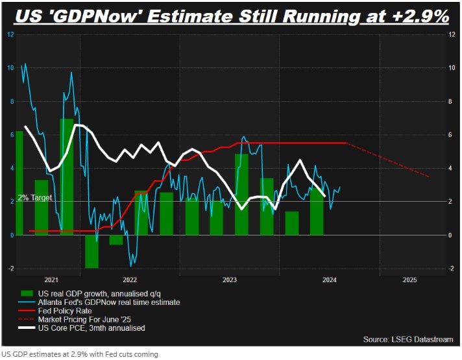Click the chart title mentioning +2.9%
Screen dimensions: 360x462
(x=230, y=14)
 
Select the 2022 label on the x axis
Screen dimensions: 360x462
(x=130, y=280)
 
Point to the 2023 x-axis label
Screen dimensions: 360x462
(x=229, y=280)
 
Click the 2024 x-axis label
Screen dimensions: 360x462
(x=330, y=280)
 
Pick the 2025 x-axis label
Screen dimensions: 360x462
(x=409, y=280)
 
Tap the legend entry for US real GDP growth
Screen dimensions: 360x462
(x=103, y=294)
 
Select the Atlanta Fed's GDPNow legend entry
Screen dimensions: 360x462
(x=109, y=302)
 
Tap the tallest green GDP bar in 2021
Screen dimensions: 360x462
(x=67, y=175)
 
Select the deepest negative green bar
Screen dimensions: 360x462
(x=91, y=252)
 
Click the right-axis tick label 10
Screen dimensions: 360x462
(x=452, y=67)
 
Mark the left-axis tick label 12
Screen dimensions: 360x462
(x=10, y=34)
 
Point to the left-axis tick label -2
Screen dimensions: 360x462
(x=10, y=269)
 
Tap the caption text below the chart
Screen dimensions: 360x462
(x=79, y=354)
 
